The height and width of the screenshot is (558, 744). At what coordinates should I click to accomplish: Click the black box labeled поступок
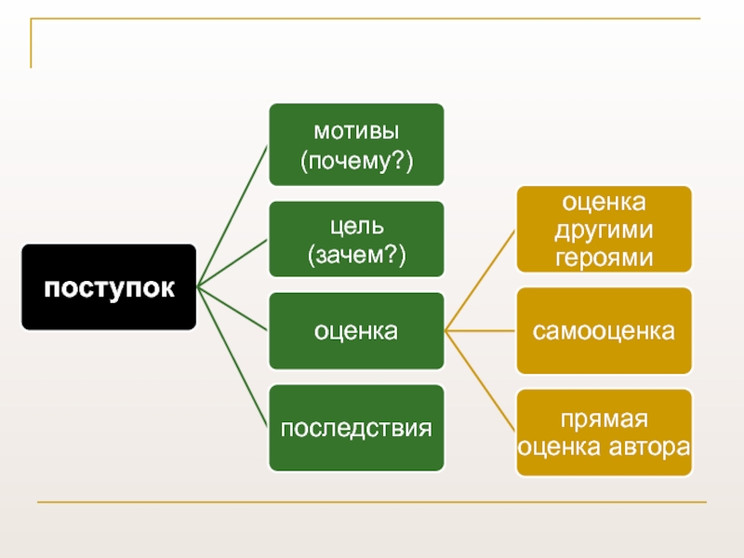pos(109,287)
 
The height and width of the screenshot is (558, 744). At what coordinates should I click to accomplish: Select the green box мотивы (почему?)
pos(356,144)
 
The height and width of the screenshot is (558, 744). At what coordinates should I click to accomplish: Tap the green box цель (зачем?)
pos(356,239)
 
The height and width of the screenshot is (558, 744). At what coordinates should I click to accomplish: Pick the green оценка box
pos(356,330)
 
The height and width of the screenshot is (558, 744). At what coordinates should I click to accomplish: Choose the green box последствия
pos(356,428)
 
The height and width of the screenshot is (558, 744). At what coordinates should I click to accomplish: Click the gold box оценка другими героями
pos(604,229)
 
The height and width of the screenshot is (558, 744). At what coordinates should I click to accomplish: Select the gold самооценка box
pos(604,330)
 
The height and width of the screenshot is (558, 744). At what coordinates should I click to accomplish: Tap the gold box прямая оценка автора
pos(604,432)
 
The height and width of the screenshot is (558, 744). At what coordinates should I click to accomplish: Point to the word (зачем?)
pos(356,254)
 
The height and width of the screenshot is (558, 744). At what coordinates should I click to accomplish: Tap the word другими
pos(604,229)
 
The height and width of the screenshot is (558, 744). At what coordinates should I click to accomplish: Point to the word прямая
pos(604,418)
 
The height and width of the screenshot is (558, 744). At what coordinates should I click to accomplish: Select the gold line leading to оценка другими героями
pos(482,280)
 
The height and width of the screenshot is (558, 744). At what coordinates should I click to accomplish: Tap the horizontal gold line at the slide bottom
pos(372,504)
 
